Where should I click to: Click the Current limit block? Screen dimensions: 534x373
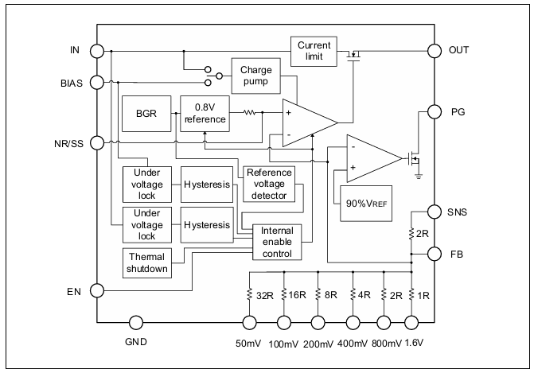point(314,52)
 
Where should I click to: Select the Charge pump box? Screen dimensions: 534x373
point(256,76)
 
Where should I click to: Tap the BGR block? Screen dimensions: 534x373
point(146,114)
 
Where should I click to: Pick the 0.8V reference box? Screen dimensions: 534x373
point(205,114)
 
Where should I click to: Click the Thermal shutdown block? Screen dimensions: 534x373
point(146,263)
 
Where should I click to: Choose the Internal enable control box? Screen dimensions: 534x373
point(277,242)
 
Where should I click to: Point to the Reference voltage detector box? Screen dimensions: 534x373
point(269,185)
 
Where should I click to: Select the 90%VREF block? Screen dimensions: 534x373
point(366,204)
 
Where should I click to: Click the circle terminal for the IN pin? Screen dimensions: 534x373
point(97,52)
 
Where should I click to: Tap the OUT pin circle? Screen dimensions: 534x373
point(435,51)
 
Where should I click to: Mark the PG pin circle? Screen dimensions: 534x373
point(435,111)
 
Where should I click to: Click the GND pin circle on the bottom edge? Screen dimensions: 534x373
point(136,323)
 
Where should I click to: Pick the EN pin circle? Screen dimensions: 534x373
point(97,290)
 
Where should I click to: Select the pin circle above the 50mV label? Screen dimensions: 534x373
point(249,323)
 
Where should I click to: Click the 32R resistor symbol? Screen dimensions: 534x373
point(249,295)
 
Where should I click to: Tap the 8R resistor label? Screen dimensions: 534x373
point(331,295)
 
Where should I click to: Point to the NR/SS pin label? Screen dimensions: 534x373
point(68,144)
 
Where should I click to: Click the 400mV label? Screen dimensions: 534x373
point(353,344)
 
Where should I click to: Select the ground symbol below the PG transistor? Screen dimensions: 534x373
point(419,176)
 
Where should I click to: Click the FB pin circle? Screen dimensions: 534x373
point(435,254)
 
